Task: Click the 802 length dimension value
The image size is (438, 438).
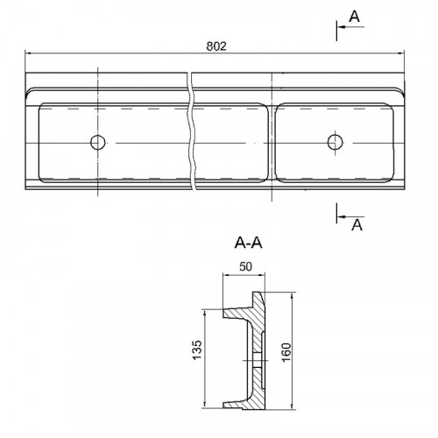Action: [x=216, y=46]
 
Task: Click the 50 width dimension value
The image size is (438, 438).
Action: [x=245, y=266]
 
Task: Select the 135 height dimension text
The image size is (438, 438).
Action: [x=197, y=350]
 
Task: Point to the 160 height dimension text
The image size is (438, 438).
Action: [x=286, y=352]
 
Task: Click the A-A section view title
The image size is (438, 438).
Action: [x=248, y=243]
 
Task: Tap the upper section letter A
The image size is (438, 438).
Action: [x=355, y=17]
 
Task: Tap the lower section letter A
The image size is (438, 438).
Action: [x=357, y=225]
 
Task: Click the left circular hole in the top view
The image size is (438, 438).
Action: [x=98, y=143]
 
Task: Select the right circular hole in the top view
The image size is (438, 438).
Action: [x=335, y=142]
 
